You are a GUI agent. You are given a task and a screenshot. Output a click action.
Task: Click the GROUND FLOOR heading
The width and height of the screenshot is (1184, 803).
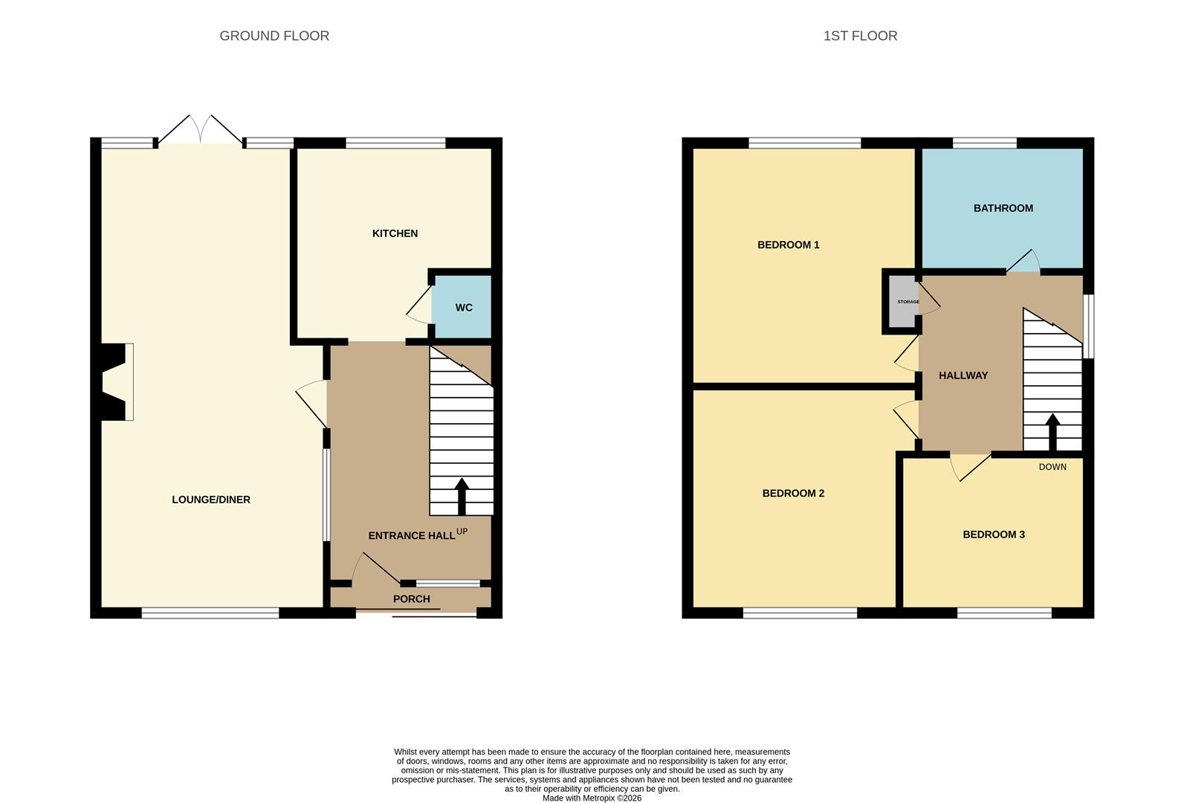tap(274, 36)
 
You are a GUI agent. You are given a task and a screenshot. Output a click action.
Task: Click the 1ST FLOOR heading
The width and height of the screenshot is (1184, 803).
tap(860, 36)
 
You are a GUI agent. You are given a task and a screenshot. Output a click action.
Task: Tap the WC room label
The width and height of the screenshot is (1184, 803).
tap(464, 308)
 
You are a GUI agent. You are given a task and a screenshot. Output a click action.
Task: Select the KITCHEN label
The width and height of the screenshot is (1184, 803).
tap(395, 233)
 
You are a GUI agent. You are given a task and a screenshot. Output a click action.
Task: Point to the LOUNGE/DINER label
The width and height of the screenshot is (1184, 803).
tap(211, 500)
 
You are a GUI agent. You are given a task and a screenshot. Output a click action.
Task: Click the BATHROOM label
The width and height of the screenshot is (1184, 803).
tap(1003, 208)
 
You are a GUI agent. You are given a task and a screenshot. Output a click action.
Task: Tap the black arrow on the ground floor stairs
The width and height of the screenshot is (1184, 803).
tap(462, 496)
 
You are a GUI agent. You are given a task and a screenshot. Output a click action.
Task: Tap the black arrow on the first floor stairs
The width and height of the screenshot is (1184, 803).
tap(1052, 432)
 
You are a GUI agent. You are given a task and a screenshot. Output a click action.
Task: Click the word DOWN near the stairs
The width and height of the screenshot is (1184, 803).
tap(1052, 467)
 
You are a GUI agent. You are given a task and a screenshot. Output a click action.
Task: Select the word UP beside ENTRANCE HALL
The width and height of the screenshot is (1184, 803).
tap(462, 531)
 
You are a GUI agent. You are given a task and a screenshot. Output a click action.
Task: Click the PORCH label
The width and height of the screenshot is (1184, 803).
tap(411, 599)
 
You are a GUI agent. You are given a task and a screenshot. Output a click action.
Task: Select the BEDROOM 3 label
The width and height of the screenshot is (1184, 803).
tap(993, 535)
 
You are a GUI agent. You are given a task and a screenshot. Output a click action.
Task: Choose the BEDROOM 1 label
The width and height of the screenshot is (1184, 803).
tap(788, 245)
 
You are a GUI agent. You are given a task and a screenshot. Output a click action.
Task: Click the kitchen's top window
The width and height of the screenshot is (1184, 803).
tap(395, 143)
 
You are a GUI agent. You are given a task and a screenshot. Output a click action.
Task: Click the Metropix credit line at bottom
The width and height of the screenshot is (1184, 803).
tap(592, 798)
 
